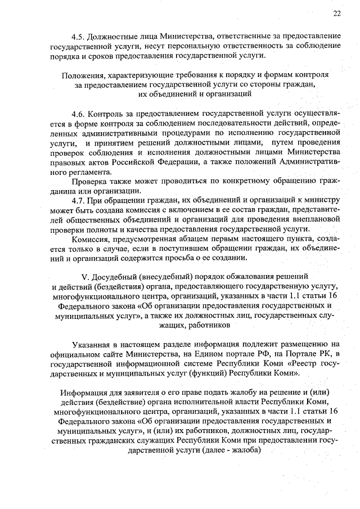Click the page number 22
(x=336, y=13)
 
